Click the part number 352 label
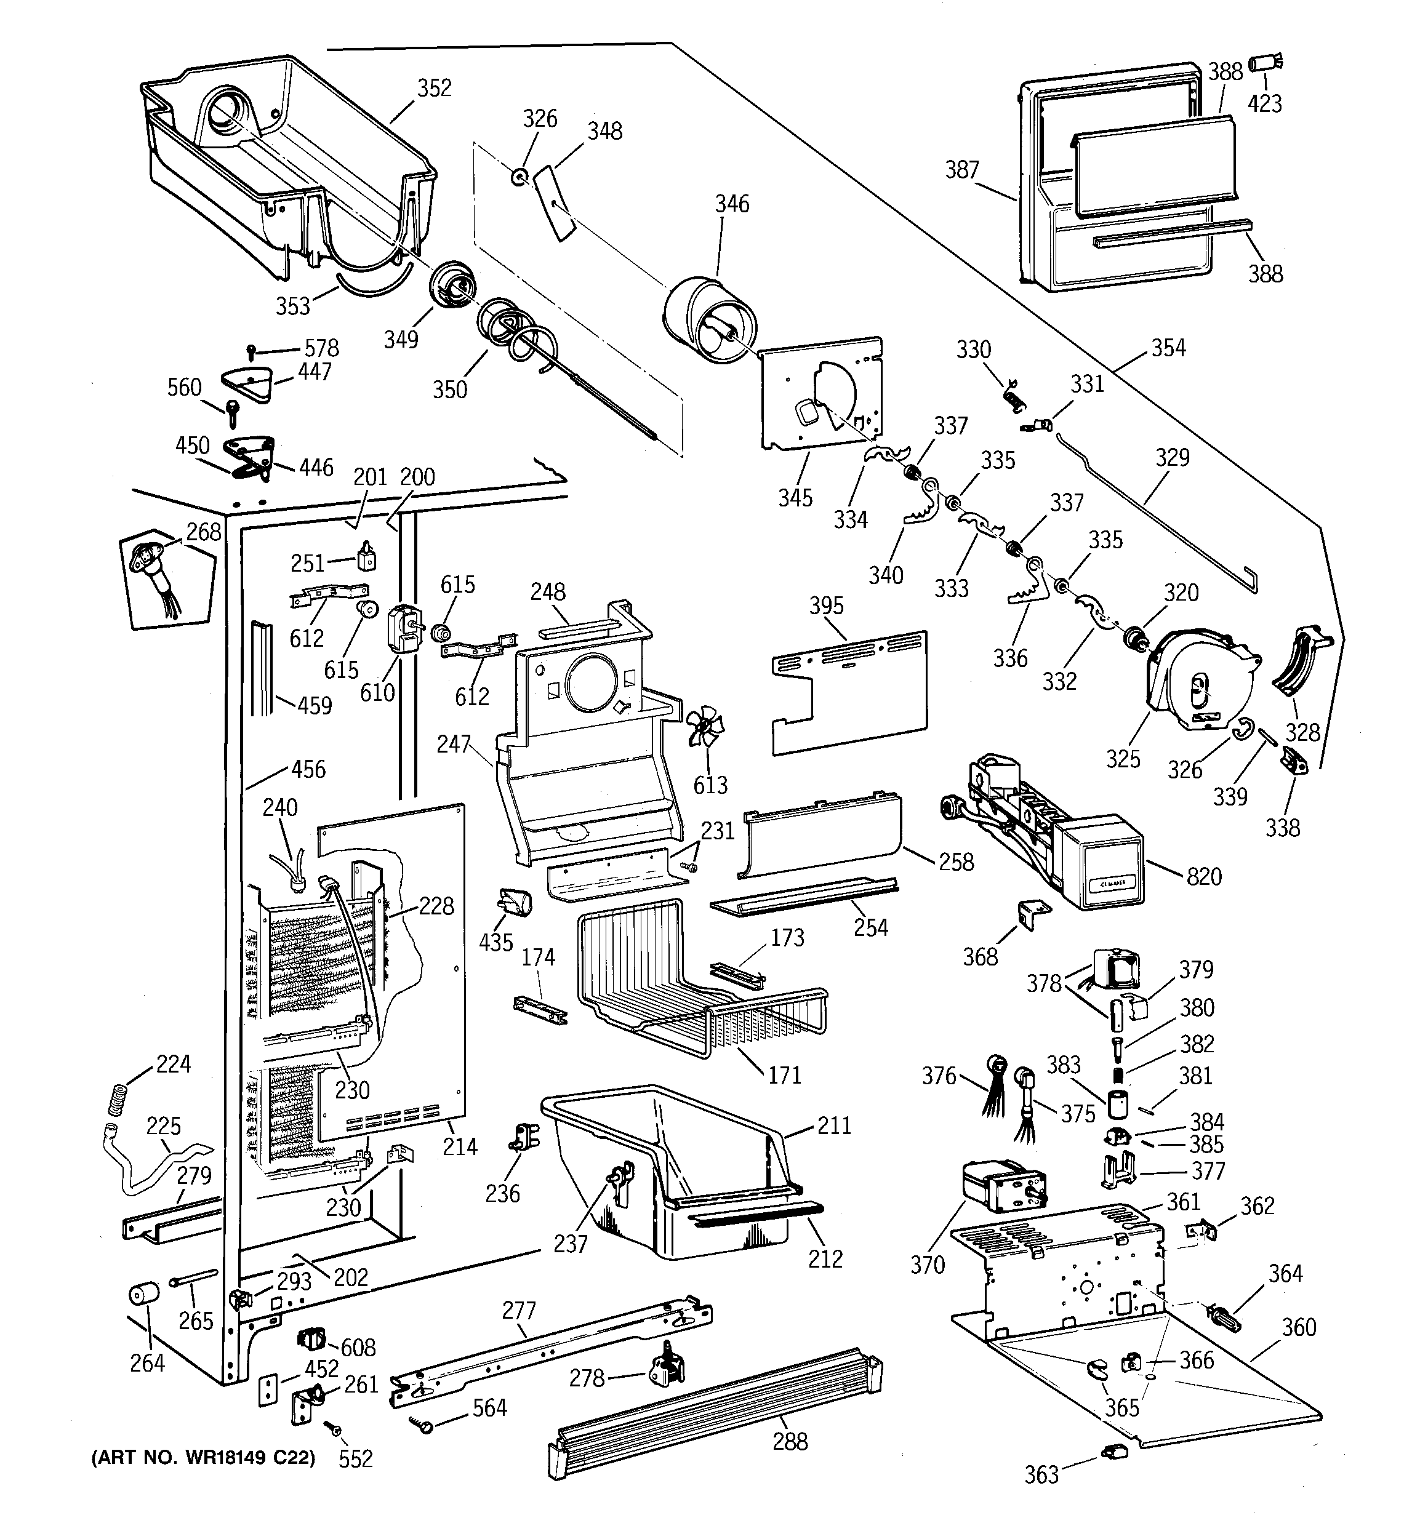(434, 88)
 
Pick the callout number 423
(1265, 103)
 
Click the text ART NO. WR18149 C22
(203, 1458)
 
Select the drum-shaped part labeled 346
(710, 319)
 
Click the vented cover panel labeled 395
(849, 692)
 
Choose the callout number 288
(790, 1442)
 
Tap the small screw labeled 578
(251, 351)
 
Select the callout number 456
(308, 769)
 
